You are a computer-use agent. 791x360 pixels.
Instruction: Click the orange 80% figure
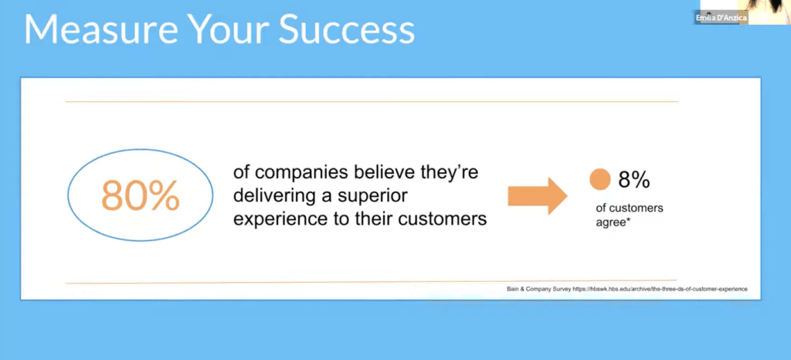pos(141,195)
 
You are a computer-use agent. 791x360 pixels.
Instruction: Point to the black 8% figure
pos(634,180)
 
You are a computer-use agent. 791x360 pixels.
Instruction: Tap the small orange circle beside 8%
pos(599,179)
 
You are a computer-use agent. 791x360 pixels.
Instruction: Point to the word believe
pos(387,172)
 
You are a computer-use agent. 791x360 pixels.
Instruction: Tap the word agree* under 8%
pos(614,222)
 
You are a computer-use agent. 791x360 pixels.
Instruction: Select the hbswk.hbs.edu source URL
pos(660,289)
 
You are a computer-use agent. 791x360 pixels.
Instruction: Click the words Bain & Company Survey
pos(538,289)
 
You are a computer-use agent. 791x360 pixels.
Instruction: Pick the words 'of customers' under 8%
pos(630,208)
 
